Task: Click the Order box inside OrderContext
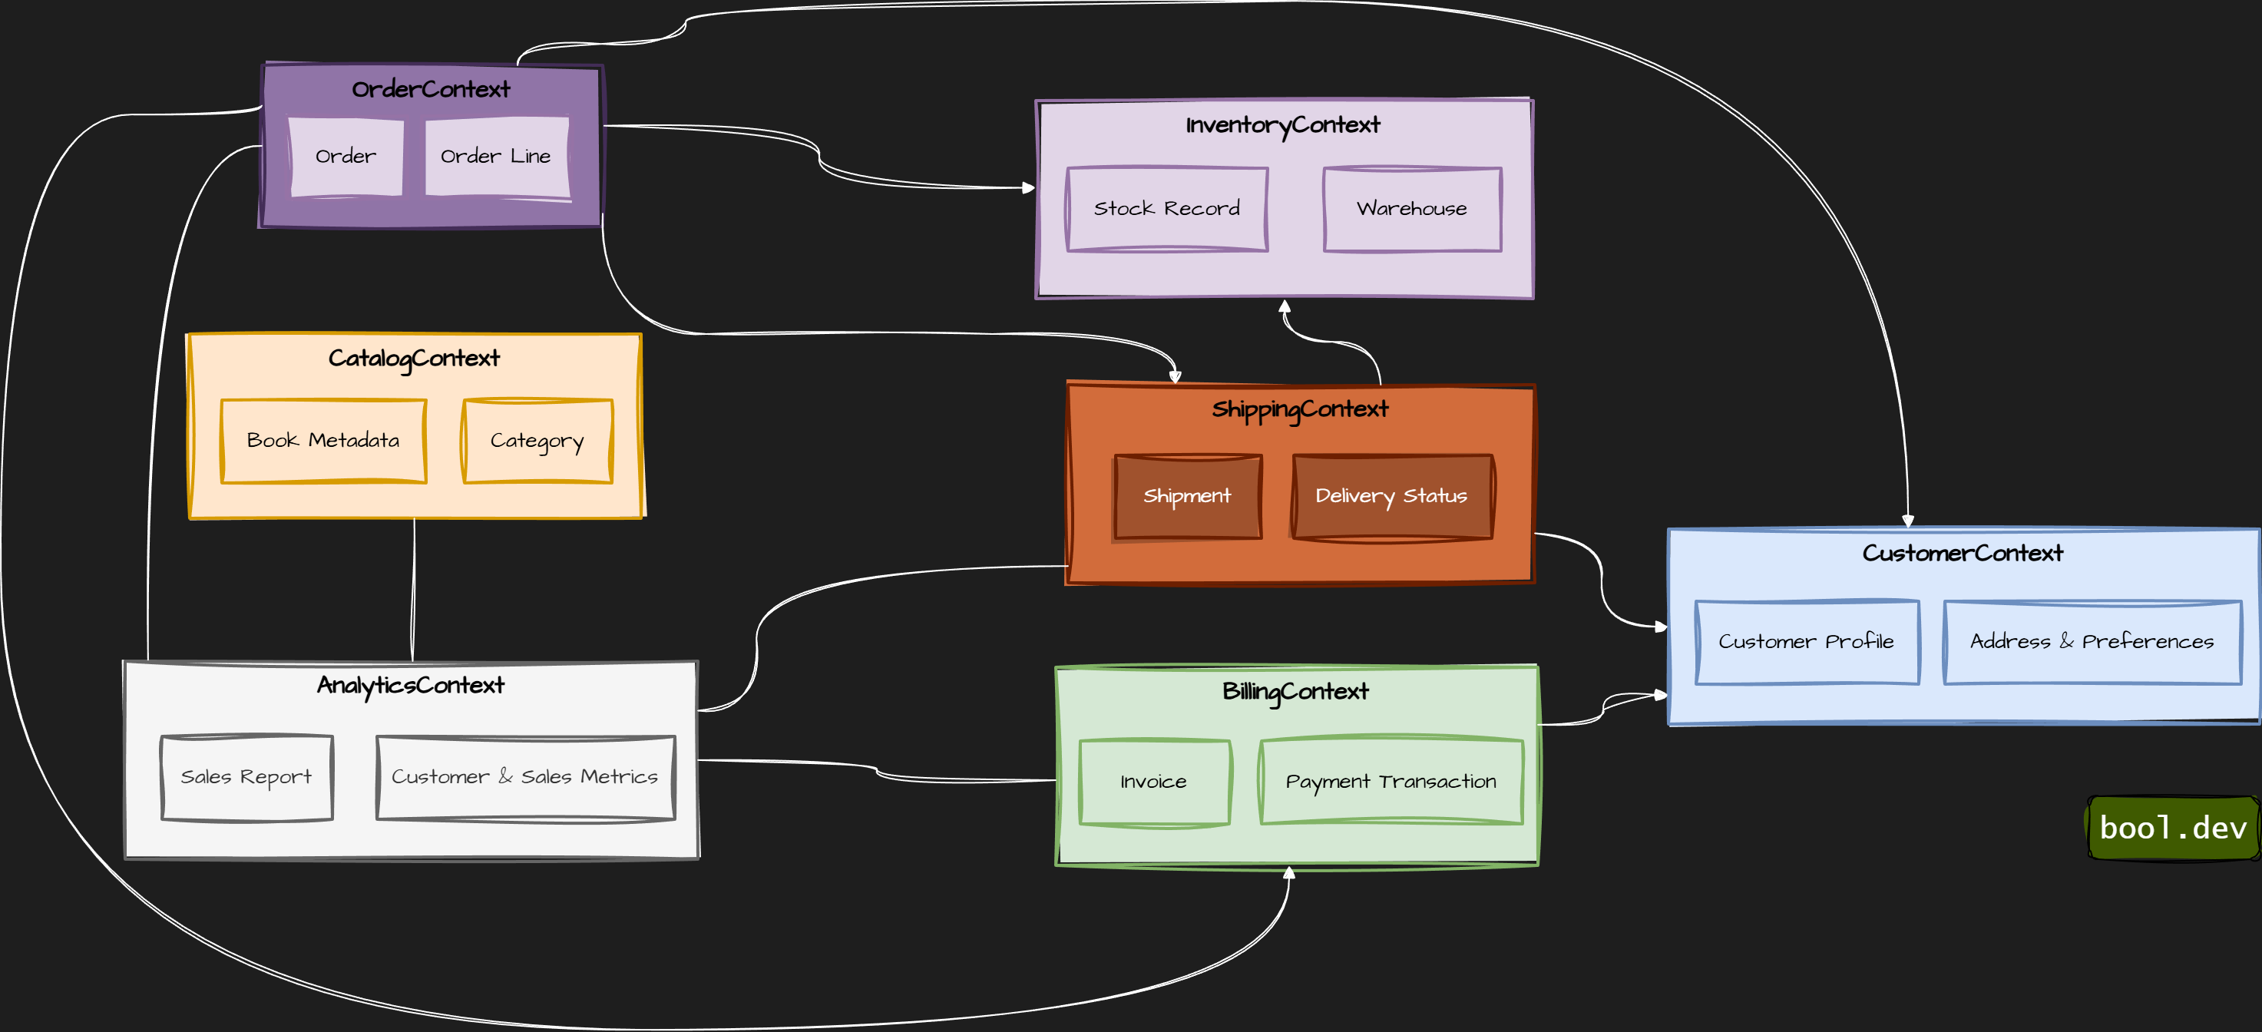coord(346,157)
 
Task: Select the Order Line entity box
coord(496,157)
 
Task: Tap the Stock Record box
coord(1167,209)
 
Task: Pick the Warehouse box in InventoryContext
coord(1412,209)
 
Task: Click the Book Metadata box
coord(323,441)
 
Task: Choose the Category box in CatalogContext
coord(537,441)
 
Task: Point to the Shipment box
coord(1187,496)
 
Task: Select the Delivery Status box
coord(1392,496)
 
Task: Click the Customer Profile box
coord(1806,642)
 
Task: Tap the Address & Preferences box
coord(2092,642)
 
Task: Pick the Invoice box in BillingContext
coord(1154,782)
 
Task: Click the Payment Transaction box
coord(1391,782)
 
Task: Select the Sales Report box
coord(246,777)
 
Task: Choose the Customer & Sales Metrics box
coord(525,777)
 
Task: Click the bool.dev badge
coord(2172,827)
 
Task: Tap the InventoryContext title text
coord(1283,124)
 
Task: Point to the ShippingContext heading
coord(1301,409)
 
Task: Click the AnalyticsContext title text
coord(411,685)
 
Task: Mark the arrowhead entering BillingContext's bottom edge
coord(1289,872)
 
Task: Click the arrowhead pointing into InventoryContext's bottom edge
coord(1285,306)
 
